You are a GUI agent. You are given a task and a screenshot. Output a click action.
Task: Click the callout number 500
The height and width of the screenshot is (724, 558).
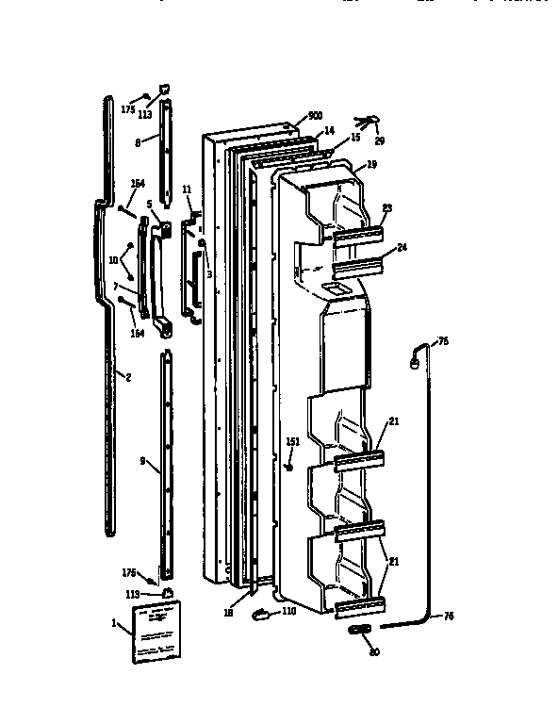[x=302, y=118]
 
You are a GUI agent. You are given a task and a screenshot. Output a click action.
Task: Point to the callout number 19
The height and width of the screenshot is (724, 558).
[x=372, y=164]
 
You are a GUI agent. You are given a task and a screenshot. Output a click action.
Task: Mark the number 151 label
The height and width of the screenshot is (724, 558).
[x=292, y=441]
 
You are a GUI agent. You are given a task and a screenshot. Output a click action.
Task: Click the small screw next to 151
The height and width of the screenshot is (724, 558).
[x=291, y=462]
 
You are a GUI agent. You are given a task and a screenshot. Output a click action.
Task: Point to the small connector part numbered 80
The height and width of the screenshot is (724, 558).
[x=359, y=629]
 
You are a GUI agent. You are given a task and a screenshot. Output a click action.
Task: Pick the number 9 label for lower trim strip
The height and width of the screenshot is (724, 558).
[x=142, y=461]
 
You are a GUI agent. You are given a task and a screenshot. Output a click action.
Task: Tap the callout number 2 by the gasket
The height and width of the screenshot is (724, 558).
[x=128, y=376]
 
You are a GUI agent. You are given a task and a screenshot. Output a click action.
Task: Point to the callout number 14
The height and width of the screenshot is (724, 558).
[x=329, y=130]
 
